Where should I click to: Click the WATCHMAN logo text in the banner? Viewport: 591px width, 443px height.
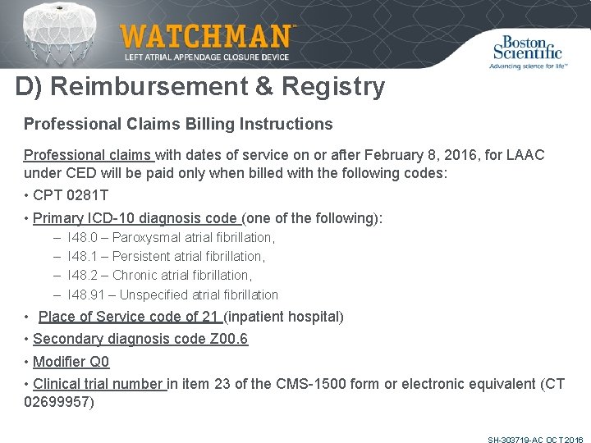pyautogui.click(x=205, y=37)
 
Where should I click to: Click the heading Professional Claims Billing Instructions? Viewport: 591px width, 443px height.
pyautogui.click(x=178, y=124)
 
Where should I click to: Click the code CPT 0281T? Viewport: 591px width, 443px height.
pyautogui.click(x=71, y=195)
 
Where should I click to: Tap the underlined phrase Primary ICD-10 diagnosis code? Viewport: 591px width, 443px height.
pyautogui.click(x=136, y=218)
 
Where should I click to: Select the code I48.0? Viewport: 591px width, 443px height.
pyautogui.click(x=83, y=238)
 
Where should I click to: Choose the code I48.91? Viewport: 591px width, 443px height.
pyautogui.click(x=86, y=295)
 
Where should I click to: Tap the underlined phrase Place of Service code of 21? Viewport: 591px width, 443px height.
pyautogui.click(x=131, y=317)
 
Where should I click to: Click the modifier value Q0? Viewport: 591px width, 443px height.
pyautogui.click(x=98, y=362)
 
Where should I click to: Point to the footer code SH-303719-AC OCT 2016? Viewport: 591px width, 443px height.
pyautogui.click(x=535, y=441)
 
